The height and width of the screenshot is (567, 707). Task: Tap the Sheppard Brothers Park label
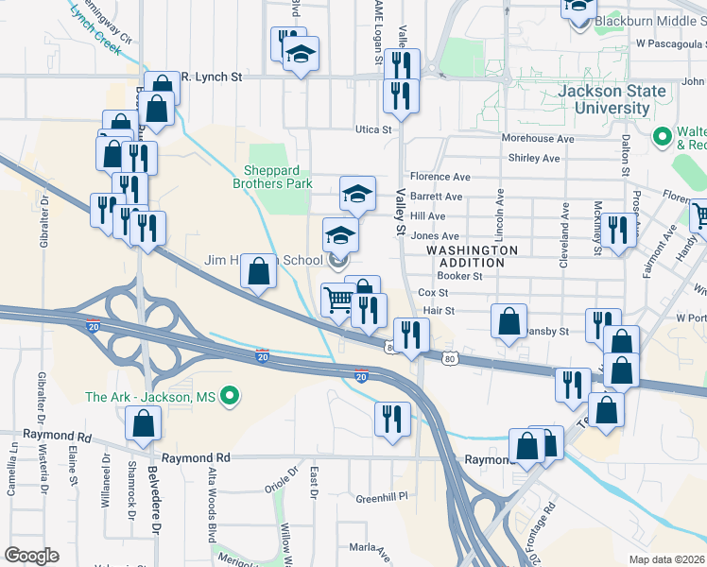tap(272, 178)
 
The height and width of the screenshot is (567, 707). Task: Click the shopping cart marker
tap(339, 301)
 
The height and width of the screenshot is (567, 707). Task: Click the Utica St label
tap(373, 129)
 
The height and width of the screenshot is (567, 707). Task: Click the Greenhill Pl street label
tap(381, 495)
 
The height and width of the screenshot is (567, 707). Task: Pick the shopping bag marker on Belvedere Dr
tap(143, 426)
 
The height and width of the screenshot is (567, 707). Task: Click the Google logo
tap(31, 555)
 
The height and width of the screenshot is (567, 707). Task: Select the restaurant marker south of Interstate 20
tap(392, 419)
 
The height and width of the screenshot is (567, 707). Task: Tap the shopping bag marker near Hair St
tap(509, 320)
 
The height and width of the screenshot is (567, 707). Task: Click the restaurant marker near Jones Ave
tap(618, 231)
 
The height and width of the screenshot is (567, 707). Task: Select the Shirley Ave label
tap(530, 158)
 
